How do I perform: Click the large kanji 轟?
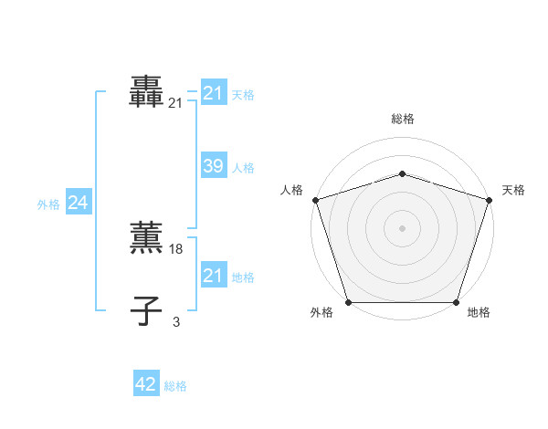(x=146, y=91)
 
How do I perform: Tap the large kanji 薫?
(x=146, y=237)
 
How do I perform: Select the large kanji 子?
(x=146, y=310)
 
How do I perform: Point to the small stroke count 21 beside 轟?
(x=175, y=104)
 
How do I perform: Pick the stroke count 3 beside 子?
(x=176, y=321)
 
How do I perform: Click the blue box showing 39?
(x=213, y=166)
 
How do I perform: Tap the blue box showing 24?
(x=79, y=203)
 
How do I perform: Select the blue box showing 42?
(x=146, y=384)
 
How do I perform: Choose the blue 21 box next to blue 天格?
(x=213, y=93)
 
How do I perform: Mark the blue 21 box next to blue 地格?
(x=213, y=276)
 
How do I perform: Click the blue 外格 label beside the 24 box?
(x=48, y=204)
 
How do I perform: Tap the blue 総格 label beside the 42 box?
(x=175, y=386)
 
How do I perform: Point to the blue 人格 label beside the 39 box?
(x=243, y=168)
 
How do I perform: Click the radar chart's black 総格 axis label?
(x=402, y=119)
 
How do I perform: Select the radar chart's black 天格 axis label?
(x=513, y=190)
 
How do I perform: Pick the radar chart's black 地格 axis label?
(x=479, y=313)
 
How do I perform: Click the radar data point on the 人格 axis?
(x=315, y=199)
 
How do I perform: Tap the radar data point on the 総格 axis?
(x=402, y=173)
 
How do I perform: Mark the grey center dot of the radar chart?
(x=402, y=227)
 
